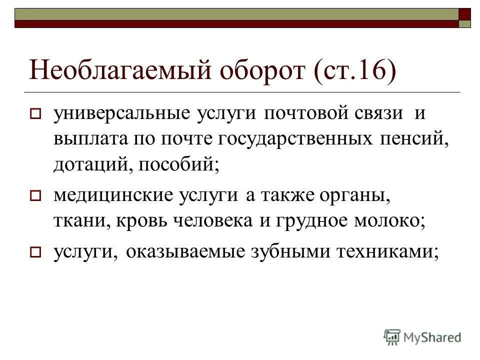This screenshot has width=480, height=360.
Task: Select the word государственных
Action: pyautogui.click(x=294, y=140)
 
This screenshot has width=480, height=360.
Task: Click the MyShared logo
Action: pyautogui.click(x=423, y=336)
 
